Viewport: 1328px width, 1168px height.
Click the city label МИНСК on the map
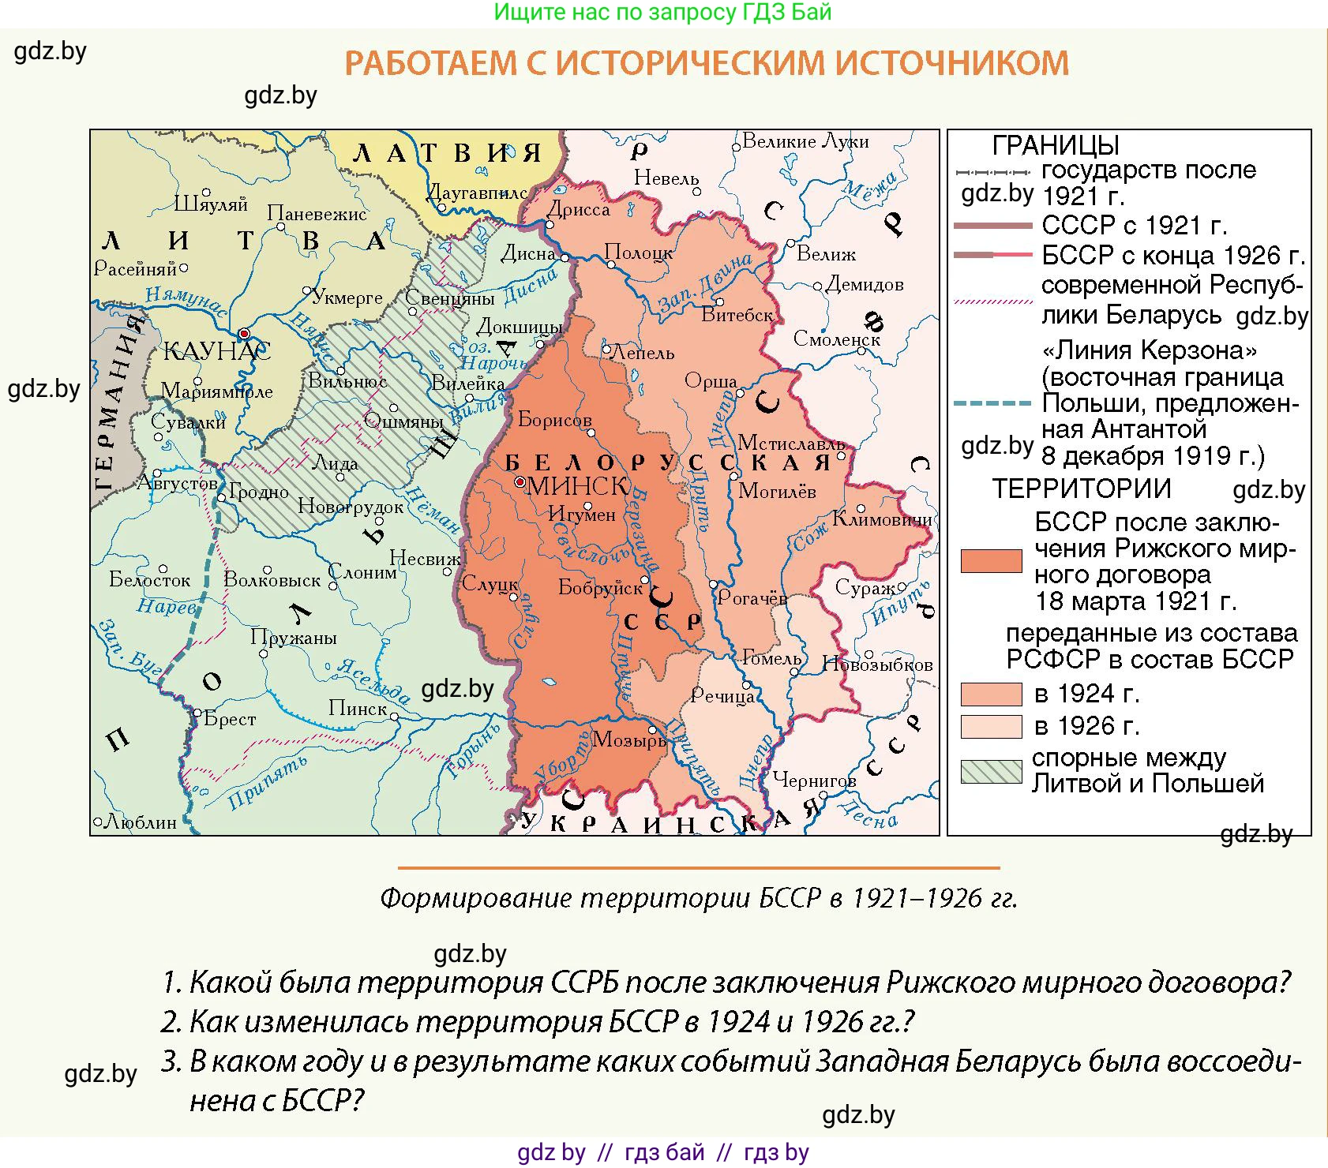pyautogui.click(x=577, y=485)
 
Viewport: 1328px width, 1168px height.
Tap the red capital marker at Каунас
pyautogui.click(x=245, y=334)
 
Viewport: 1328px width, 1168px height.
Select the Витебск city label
pyautogui.click(x=737, y=315)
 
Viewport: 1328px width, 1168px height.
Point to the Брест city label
pyautogui.click(x=230, y=719)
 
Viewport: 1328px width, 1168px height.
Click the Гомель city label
pyautogui.click(x=772, y=657)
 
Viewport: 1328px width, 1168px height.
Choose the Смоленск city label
pyautogui.click(x=836, y=339)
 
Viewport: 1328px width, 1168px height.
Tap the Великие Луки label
pyautogui.click(x=806, y=141)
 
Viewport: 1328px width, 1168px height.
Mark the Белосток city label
pyautogui.click(x=150, y=580)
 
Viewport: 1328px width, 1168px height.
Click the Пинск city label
pyautogui.click(x=358, y=709)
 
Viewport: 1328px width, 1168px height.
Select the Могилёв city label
pyautogui.click(x=777, y=492)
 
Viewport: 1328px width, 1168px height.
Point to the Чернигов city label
pyautogui.click(x=814, y=780)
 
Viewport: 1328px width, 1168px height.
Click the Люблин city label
pyautogui.click(x=141, y=822)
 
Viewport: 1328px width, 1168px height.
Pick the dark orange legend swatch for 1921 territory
pyautogui.click(x=991, y=560)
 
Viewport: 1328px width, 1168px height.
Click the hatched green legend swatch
pyautogui.click(x=991, y=771)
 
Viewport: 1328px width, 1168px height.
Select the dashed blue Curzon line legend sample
pyautogui.click(x=992, y=403)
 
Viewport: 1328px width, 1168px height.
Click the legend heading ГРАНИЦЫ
pyautogui.click(x=1055, y=145)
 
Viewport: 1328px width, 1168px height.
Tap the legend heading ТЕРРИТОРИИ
pyautogui.click(x=1081, y=489)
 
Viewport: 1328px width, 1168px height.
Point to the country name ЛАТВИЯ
pyautogui.click(x=447, y=152)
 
